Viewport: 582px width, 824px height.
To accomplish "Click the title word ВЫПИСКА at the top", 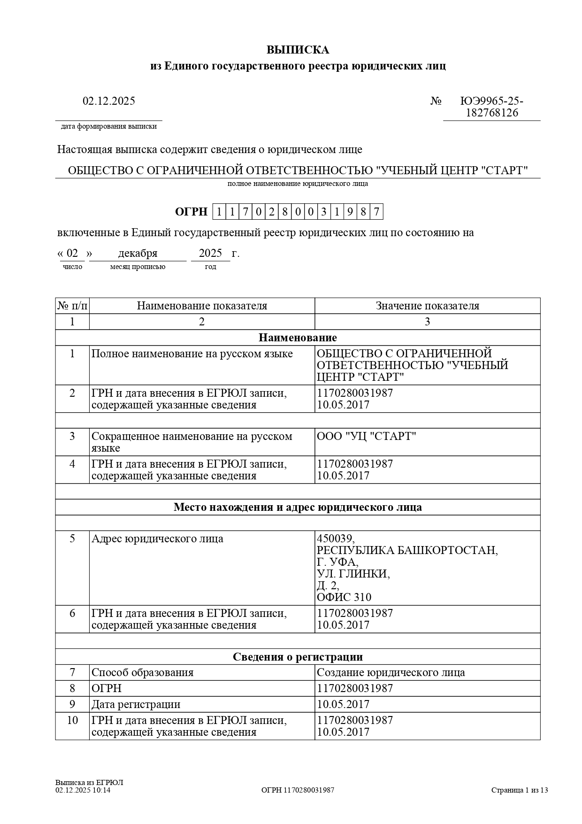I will point(298,50).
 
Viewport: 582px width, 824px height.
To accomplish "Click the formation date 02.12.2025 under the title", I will point(109,101).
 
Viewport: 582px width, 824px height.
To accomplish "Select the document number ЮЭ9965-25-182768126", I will point(491,107).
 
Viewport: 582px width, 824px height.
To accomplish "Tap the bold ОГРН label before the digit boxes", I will point(191,212).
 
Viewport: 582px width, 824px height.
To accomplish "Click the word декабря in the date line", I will point(138,254).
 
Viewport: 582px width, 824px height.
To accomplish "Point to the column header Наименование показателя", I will point(202,306).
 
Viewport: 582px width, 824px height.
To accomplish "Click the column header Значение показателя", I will point(427,306).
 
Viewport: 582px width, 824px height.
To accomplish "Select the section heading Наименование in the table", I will point(298,338).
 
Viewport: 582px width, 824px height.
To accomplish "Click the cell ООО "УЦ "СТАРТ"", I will point(367,436).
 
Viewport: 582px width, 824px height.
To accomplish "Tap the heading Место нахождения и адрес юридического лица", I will point(298,507).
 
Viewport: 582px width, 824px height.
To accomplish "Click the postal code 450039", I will point(336,539).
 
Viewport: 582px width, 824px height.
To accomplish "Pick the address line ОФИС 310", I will point(344,597).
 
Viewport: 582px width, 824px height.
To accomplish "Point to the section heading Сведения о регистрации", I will point(298,657).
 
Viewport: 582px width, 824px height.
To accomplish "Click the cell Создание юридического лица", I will point(391,672).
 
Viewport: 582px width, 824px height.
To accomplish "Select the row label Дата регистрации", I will point(136,704).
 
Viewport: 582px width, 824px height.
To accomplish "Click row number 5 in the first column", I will point(72,539).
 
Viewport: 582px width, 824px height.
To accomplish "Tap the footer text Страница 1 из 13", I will point(520,790).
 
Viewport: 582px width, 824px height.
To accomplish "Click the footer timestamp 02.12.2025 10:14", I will point(83,790).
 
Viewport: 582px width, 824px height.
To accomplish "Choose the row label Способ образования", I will point(142,672).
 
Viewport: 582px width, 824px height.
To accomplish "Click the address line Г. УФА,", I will point(337,562).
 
